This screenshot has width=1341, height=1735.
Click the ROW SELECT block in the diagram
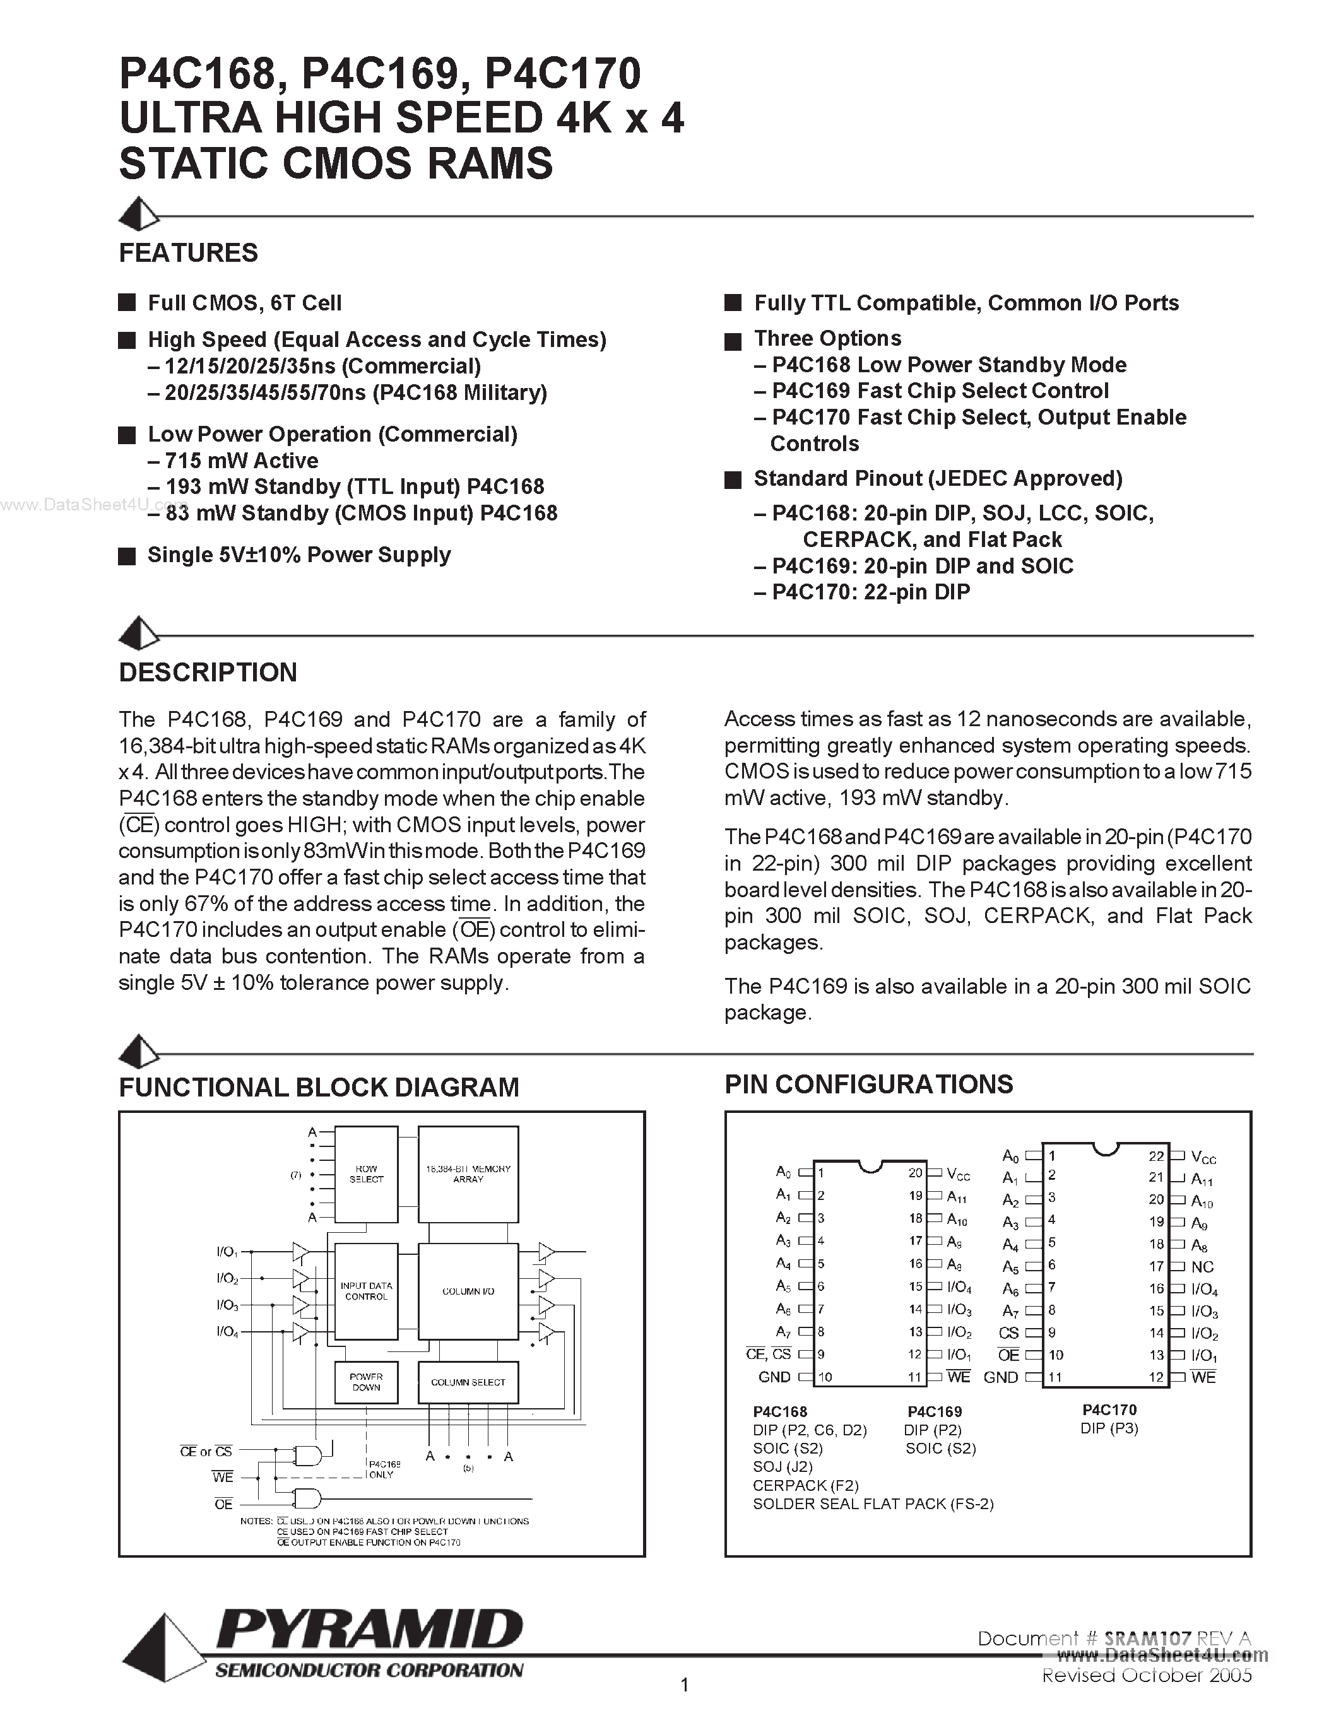[366, 1174]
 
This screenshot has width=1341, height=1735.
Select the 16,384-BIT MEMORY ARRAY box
[468, 1174]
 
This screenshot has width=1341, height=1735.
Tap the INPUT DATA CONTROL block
[366, 1291]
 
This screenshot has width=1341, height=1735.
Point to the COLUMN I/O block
[468, 1291]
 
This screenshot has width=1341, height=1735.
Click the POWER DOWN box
[366, 1382]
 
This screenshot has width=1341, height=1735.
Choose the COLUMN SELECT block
[468, 1382]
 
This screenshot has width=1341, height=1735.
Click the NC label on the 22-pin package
[1203, 1267]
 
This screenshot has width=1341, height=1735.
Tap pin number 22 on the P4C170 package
[1156, 1156]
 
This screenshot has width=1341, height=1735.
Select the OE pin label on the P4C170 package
[1009, 1355]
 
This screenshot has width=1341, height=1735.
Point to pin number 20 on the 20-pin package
[915, 1173]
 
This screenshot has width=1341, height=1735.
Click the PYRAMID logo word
[369, 1631]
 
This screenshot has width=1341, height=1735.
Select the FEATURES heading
[188, 252]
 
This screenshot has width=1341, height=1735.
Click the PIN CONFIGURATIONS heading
[868, 1085]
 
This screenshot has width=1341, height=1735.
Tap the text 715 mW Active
[242, 461]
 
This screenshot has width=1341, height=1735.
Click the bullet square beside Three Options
[733, 341]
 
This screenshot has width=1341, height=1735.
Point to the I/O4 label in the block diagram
[227, 1331]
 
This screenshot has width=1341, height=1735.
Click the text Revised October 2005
[1147, 1676]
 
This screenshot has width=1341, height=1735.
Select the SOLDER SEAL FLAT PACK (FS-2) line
[873, 1504]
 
